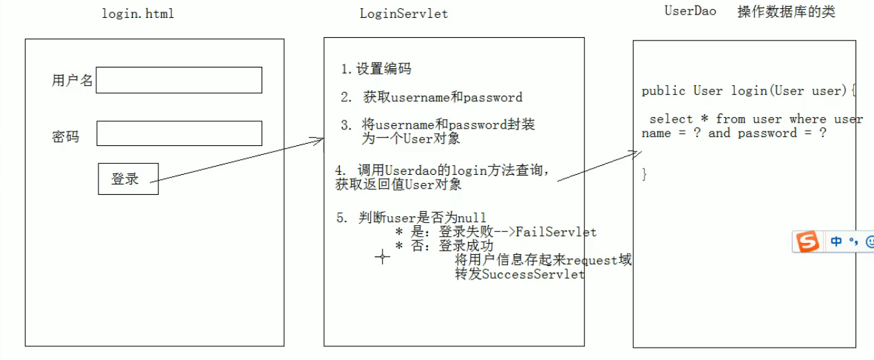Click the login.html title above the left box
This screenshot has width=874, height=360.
[138, 14]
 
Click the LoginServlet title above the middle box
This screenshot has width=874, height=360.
[403, 14]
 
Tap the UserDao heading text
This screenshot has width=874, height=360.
[690, 11]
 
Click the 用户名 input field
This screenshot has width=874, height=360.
[179, 80]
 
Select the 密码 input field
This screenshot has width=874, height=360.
[179, 134]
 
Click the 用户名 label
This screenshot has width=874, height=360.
[72, 81]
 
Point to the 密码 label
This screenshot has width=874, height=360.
[65, 136]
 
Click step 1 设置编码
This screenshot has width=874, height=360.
[376, 69]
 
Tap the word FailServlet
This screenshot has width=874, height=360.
[555, 232]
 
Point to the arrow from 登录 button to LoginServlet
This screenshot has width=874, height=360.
[237, 160]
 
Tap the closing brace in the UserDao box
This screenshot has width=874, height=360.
[644, 174]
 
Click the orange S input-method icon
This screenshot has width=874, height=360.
[807, 242]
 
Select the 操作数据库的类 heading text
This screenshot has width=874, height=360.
[786, 12]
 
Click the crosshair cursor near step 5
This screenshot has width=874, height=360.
[382, 257]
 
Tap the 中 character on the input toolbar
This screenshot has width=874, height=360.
[836, 242]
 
